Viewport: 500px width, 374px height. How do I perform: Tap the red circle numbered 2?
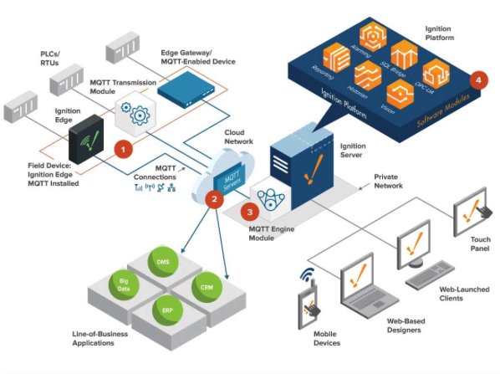tap(213, 199)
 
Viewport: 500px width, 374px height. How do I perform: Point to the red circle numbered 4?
tap(477, 82)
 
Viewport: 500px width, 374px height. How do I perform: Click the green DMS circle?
tap(163, 263)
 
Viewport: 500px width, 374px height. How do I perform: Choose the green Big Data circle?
tap(123, 284)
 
